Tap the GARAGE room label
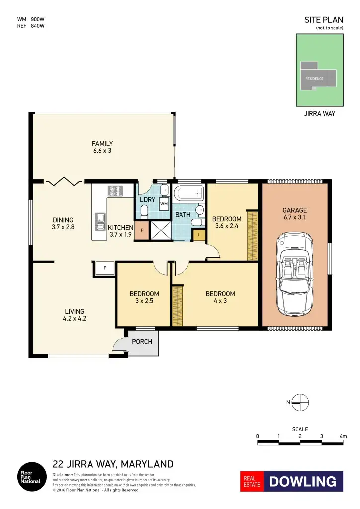point(295,214)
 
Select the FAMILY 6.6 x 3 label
point(102,147)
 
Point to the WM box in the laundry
point(164,204)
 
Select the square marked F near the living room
point(105,268)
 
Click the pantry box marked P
point(142,230)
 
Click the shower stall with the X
point(160,231)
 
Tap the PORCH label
point(142,342)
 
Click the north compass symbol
point(300,402)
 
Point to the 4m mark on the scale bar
point(343,437)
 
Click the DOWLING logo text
point(303,481)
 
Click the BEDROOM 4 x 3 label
point(220,297)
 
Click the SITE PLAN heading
point(323,20)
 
